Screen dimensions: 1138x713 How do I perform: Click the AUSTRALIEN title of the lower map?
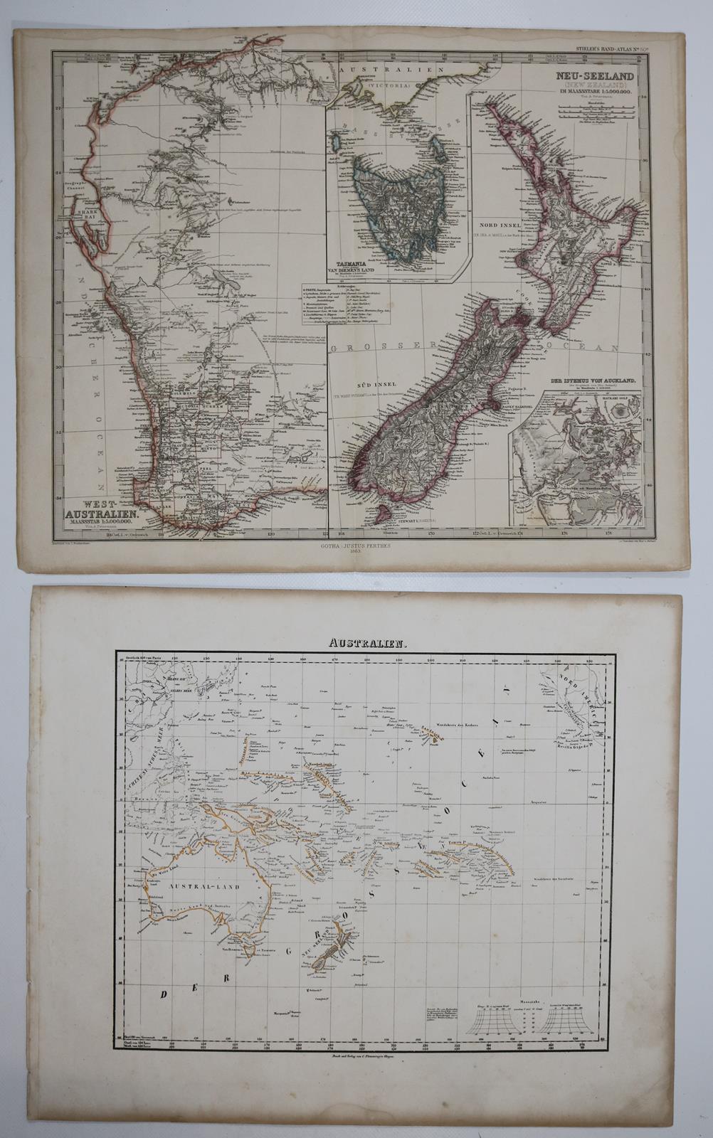pos(356,643)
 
